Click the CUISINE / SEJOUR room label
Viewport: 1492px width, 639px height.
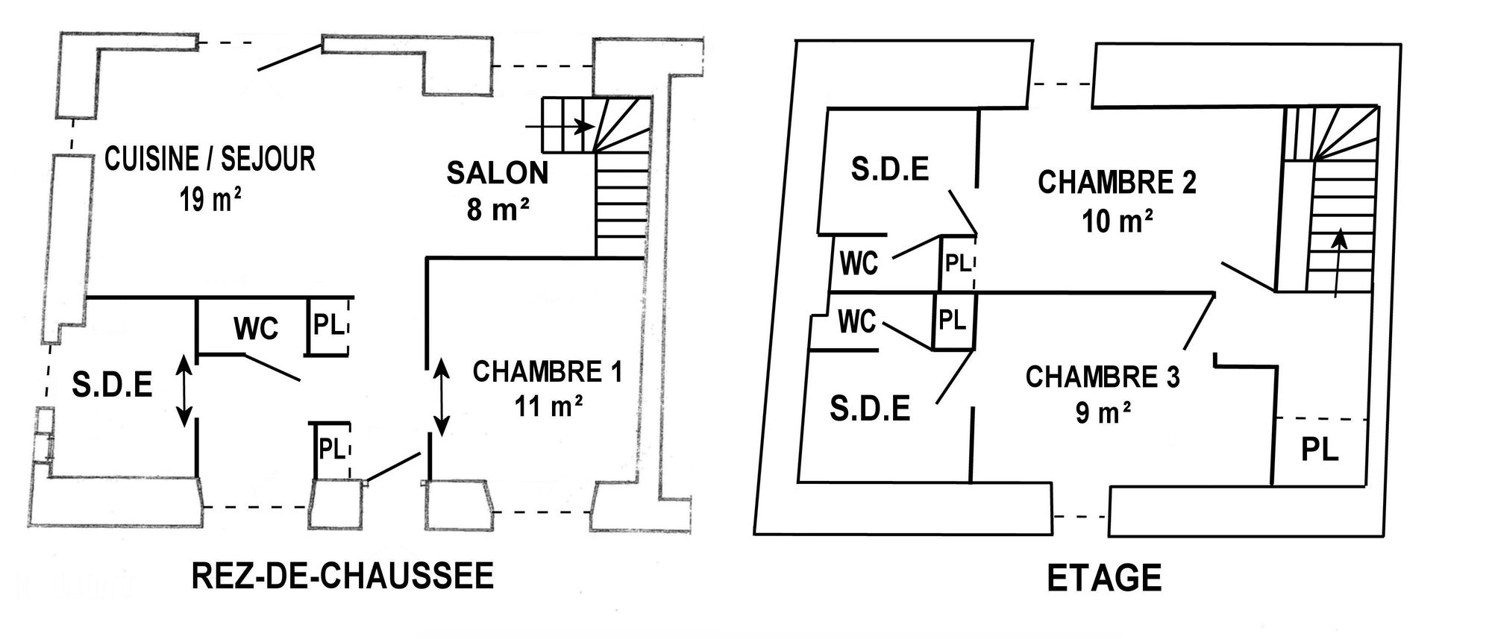tap(210, 160)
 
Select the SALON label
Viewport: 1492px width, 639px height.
tap(498, 173)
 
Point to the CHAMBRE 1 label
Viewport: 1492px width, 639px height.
tap(547, 371)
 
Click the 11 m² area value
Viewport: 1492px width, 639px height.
tap(548, 406)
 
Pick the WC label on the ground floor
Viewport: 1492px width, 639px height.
tap(256, 328)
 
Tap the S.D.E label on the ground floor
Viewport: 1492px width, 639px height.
tap(113, 385)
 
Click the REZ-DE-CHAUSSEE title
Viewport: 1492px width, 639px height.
tap(343, 576)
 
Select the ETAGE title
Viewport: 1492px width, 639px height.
tap(1105, 579)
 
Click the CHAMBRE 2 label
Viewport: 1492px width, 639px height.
tap(1117, 183)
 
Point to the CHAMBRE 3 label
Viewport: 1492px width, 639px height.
tap(1103, 377)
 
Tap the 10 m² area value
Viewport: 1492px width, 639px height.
tap(1118, 221)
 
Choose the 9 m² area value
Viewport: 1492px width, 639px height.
tap(1103, 412)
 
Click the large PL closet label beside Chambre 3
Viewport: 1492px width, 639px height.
tap(1320, 450)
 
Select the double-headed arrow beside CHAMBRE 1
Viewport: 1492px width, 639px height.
tap(442, 397)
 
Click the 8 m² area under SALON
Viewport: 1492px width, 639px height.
tap(498, 211)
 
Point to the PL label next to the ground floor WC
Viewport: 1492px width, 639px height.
tap(328, 325)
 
